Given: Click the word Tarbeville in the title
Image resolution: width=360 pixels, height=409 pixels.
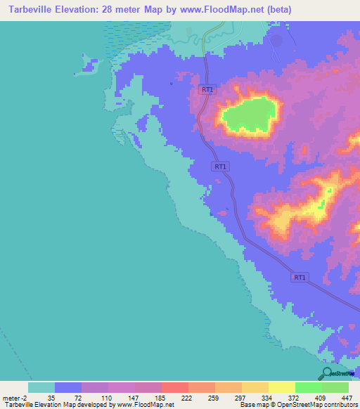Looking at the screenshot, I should coord(30,10).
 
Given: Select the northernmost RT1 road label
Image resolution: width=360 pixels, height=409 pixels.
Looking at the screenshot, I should coord(207,89).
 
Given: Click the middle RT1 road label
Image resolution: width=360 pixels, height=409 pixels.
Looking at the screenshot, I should coord(221,167).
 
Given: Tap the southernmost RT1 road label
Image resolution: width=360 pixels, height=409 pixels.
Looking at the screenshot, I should coord(300,278).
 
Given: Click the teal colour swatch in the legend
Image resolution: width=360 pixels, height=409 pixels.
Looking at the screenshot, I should coord(41,387).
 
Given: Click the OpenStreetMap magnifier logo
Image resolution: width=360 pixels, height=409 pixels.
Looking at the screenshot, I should coord(326,372).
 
